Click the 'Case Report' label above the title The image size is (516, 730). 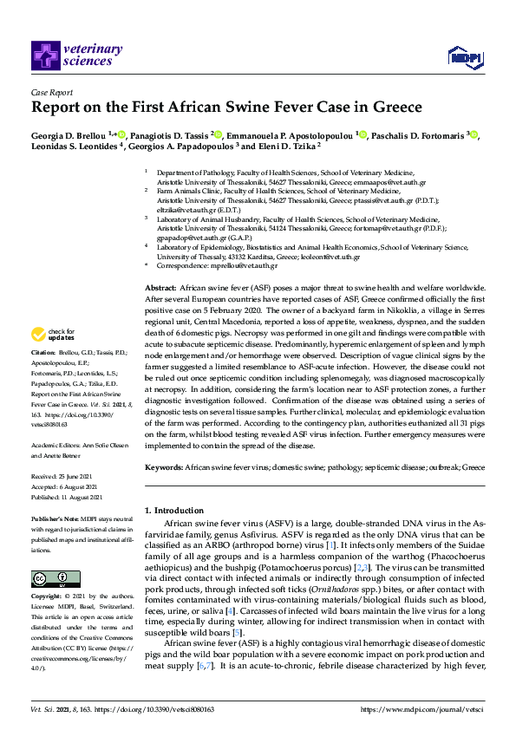(52, 92)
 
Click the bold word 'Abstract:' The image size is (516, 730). (160, 287)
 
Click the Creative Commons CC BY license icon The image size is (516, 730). (44, 580)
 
